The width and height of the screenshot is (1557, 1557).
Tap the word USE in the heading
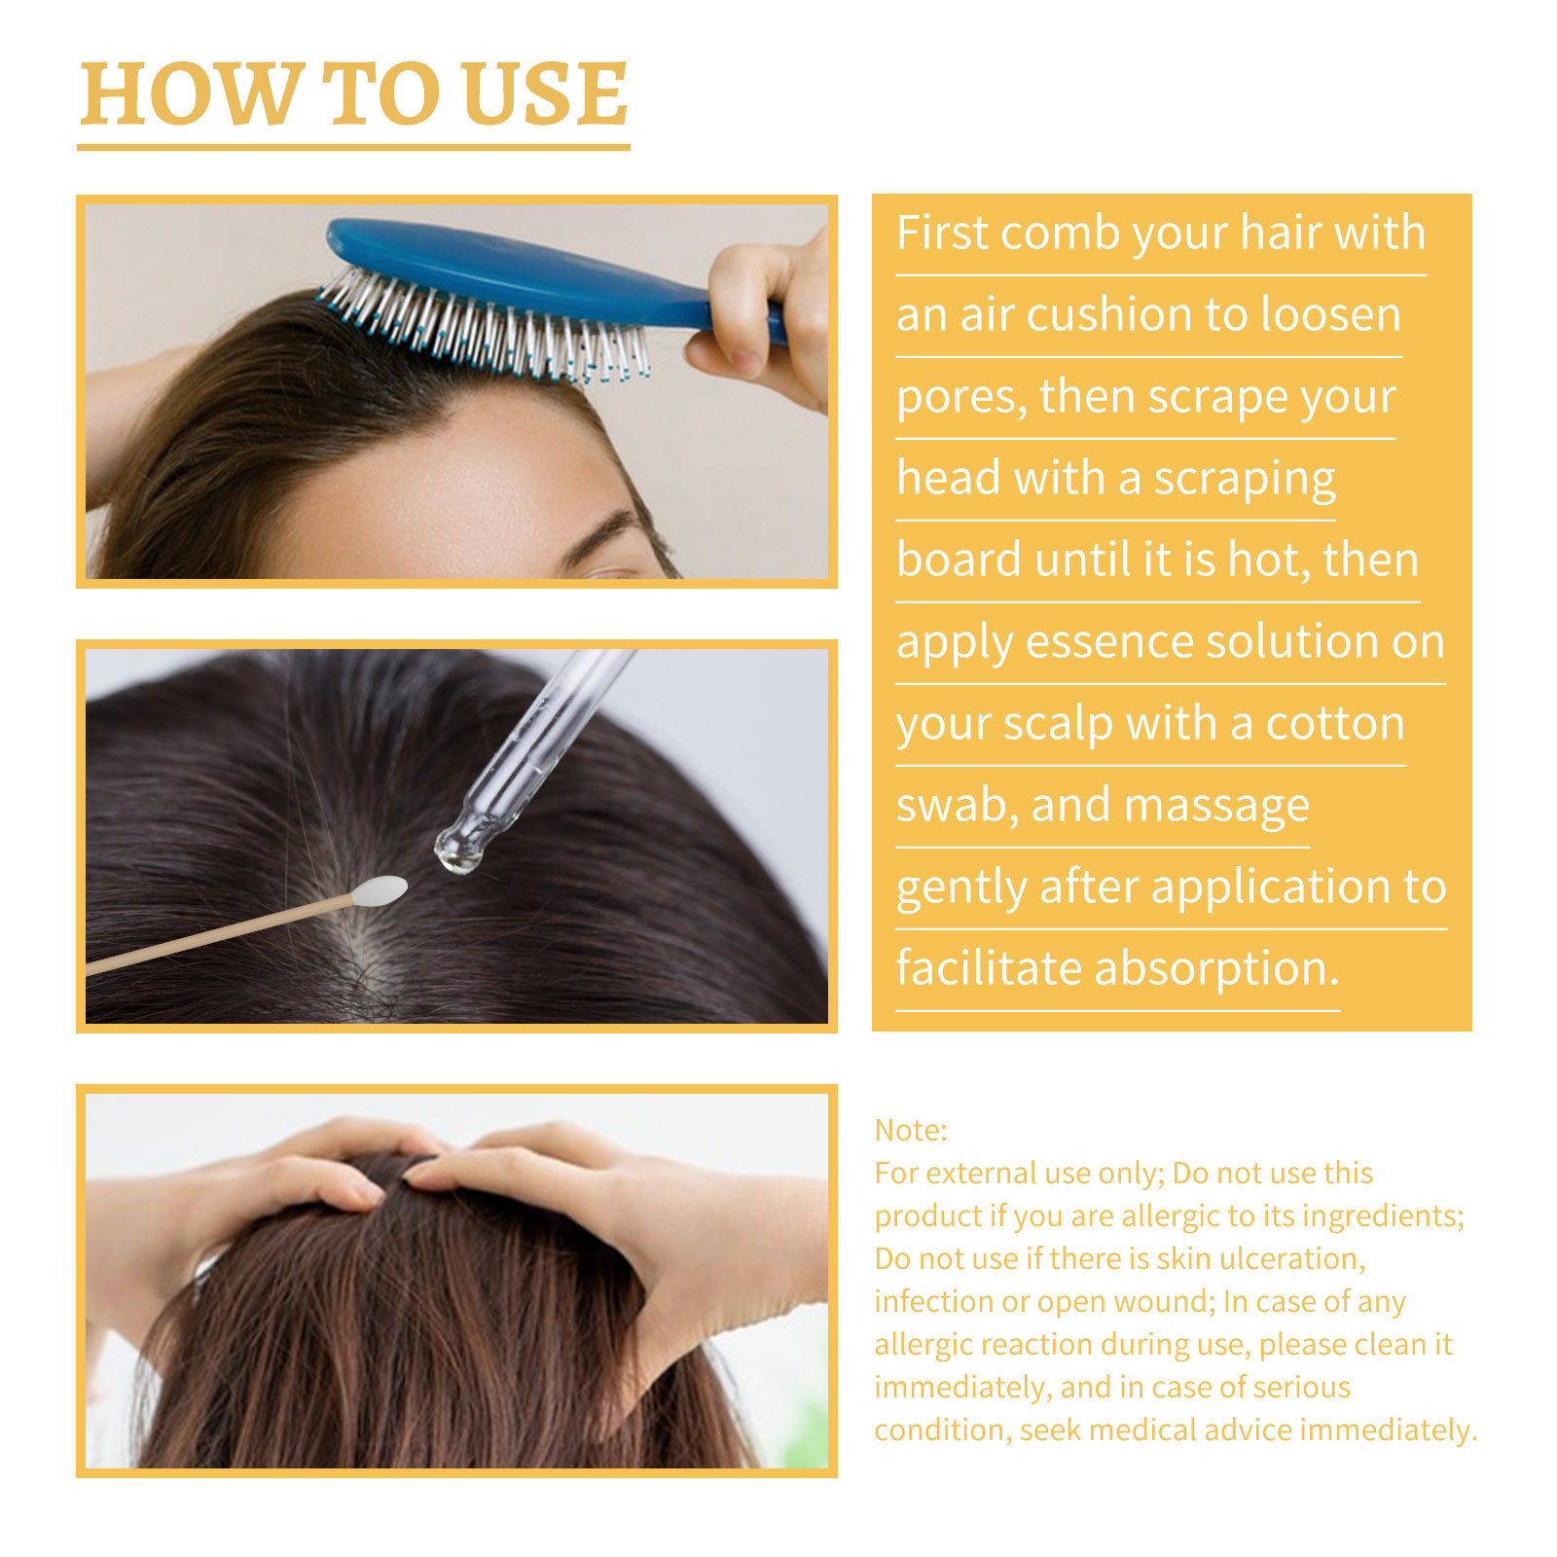545,94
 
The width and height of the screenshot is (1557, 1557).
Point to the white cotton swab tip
380,889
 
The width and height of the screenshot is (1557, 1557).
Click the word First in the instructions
941,234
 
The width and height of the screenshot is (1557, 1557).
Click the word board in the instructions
959,561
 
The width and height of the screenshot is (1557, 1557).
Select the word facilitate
988,968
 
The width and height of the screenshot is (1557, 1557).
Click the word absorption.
1216,970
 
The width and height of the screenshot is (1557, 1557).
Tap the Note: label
910,1130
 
